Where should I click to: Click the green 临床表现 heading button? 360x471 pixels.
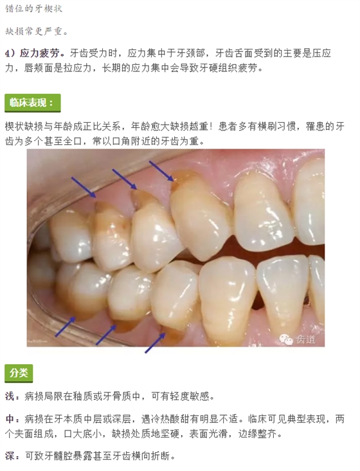click(32, 103)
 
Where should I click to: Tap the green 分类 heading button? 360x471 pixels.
click(19, 373)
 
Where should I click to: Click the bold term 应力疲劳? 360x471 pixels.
click(40, 53)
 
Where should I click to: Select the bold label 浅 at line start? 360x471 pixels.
click(9, 396)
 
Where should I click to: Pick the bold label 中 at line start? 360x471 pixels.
click(9, 419)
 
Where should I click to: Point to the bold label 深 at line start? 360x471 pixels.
click(9, 456)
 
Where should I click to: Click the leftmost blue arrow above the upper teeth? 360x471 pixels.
click(84, 187)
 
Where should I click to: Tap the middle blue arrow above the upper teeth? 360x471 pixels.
click(125, 179)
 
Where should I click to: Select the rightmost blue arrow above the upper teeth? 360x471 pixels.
click(161, 171)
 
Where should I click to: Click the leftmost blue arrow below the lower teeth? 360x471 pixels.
click(65, 326)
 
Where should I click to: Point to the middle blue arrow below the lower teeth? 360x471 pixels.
click(106, 335)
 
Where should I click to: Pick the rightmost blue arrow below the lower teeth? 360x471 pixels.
click(155, 343)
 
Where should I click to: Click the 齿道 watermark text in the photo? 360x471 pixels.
click(306, 340)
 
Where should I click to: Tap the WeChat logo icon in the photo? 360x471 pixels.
click(286, 340)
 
